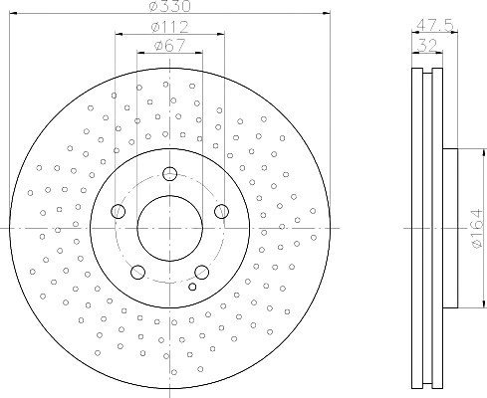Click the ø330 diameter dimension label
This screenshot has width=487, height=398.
(x=170, y=6)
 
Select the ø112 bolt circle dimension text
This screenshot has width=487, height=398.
(x=170, y=27)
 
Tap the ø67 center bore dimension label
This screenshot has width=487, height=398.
(x=169, y=46)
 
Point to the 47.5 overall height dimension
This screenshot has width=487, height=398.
(x=434, y=25)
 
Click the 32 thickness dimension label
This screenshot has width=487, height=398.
(x=427, y=45)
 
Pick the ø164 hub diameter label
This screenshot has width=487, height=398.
(x=477, y=228)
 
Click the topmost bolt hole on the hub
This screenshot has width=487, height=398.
(x=170, y=173)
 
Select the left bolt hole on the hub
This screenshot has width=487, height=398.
(x=118, y=211)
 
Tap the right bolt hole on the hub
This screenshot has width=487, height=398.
(x=221, y=211)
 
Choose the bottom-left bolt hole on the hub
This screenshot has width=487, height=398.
(x=137, y=272)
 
